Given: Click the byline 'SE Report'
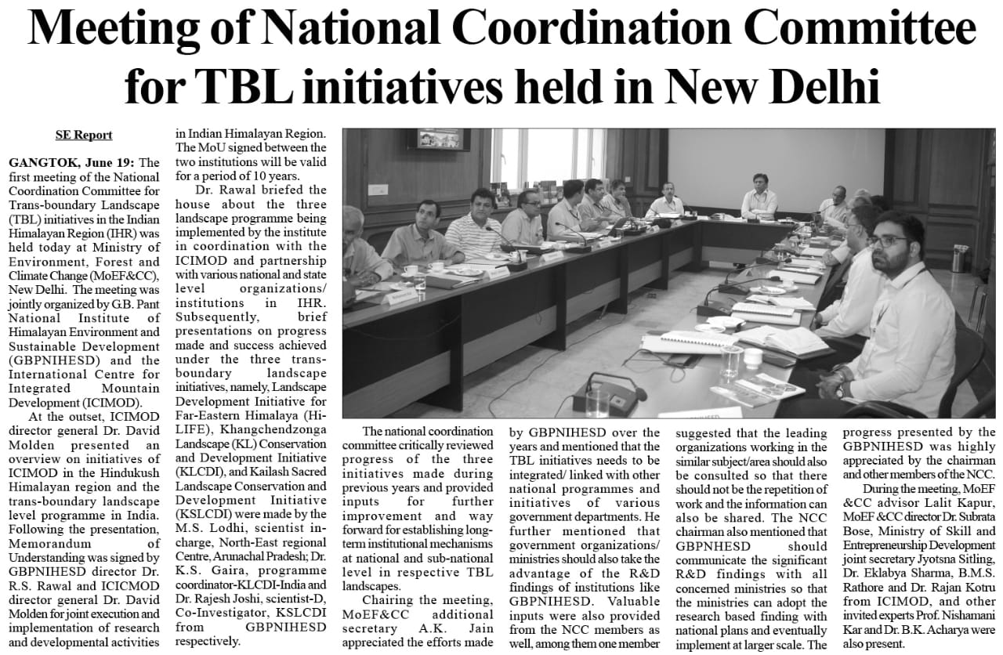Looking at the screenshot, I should pyautogui.click(x=83, y=135).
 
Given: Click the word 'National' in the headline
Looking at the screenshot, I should pyautogui.click(x=366, y=31).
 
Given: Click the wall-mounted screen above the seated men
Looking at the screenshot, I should pyautogui.click(x=444, y=139).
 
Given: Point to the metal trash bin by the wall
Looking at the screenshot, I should pyautogui.click(x=958, y=258).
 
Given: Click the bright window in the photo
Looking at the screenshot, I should pyautogui.click(x=549, y=157).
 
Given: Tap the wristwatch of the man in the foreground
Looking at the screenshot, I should pyautogui.click(x=840, y=389).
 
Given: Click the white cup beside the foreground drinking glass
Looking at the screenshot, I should pyautogui.click(x=753, y=357).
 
